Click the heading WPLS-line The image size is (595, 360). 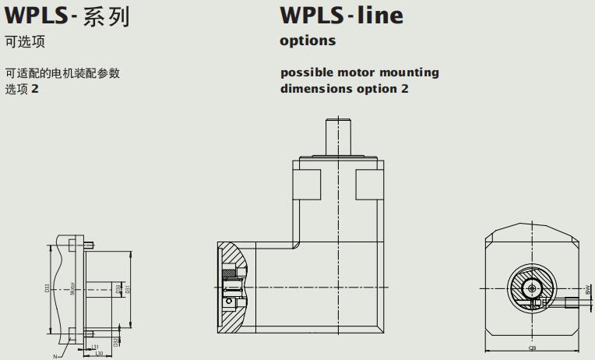(342, 15)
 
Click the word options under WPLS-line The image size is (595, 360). (308, 41)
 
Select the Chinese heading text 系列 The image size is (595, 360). (104, 16)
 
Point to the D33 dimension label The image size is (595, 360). (48, 288)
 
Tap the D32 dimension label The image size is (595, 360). (116, 341)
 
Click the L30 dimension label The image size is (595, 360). (100, 353)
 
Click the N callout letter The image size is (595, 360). (55, 356)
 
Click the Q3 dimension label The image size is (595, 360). (532, 350)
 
